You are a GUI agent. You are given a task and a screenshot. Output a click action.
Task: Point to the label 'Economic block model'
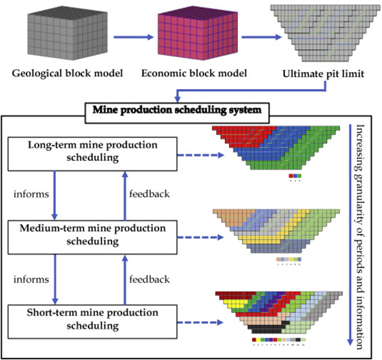(196, 73)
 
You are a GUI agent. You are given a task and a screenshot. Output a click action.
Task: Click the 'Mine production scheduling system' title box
(175, 110)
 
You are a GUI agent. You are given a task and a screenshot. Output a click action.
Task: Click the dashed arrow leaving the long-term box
(201, 156)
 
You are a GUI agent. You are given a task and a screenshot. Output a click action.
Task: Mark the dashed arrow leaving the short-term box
(201, 322)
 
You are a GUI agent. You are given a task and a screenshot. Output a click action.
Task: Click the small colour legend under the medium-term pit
(289, 259)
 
